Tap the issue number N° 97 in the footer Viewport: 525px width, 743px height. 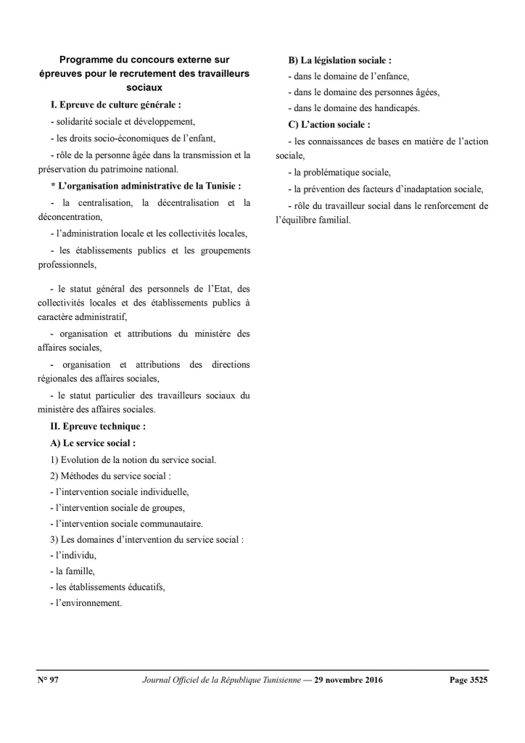coord(48,680)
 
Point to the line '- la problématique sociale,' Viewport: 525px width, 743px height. coord(339,173)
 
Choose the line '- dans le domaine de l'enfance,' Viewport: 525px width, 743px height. coord(349,76)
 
